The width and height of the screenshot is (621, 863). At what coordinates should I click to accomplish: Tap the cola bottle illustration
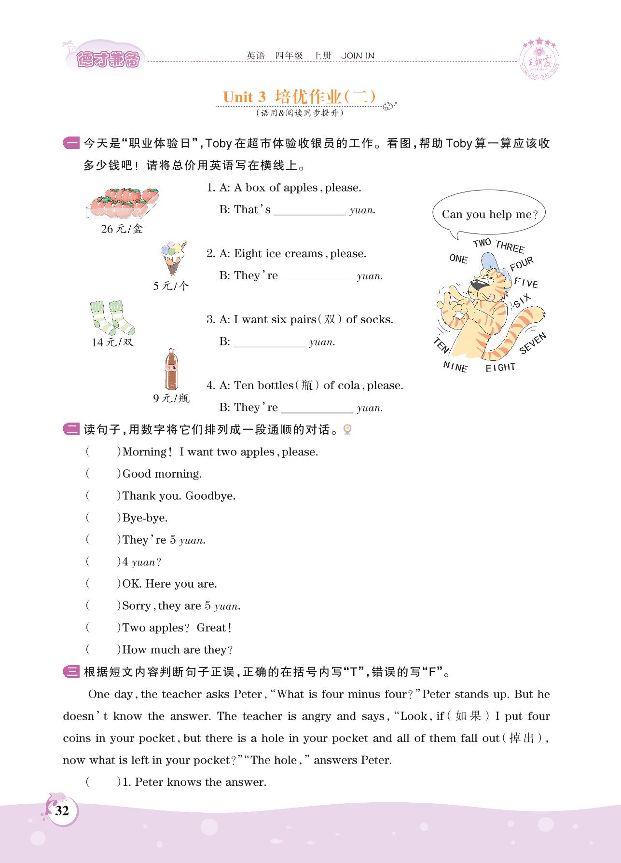[171, 370]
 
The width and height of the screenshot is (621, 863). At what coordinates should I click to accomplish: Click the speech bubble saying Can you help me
[488, 215]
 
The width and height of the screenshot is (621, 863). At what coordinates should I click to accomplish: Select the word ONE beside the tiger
[458, 259]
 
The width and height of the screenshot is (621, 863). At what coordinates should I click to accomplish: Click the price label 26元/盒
[122, 229]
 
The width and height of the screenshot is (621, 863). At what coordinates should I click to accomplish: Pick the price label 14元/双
[112, 342]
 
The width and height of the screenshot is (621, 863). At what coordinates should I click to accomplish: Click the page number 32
[62, 810]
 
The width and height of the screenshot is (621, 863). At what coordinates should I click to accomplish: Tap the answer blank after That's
[309, 211]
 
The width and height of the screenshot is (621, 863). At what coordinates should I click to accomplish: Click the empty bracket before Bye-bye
[103, 518]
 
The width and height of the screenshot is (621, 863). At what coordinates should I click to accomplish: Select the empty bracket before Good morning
[103, 474]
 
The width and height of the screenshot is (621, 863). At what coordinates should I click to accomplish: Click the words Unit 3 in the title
[244, 97]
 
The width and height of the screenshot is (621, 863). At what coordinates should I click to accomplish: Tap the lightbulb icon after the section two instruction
[346, 429]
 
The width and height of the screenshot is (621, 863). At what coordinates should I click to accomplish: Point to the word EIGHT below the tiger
[500, 368]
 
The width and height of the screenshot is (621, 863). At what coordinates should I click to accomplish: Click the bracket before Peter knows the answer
[103, 782]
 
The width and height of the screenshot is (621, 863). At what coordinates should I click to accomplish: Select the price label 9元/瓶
[171, 398]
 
